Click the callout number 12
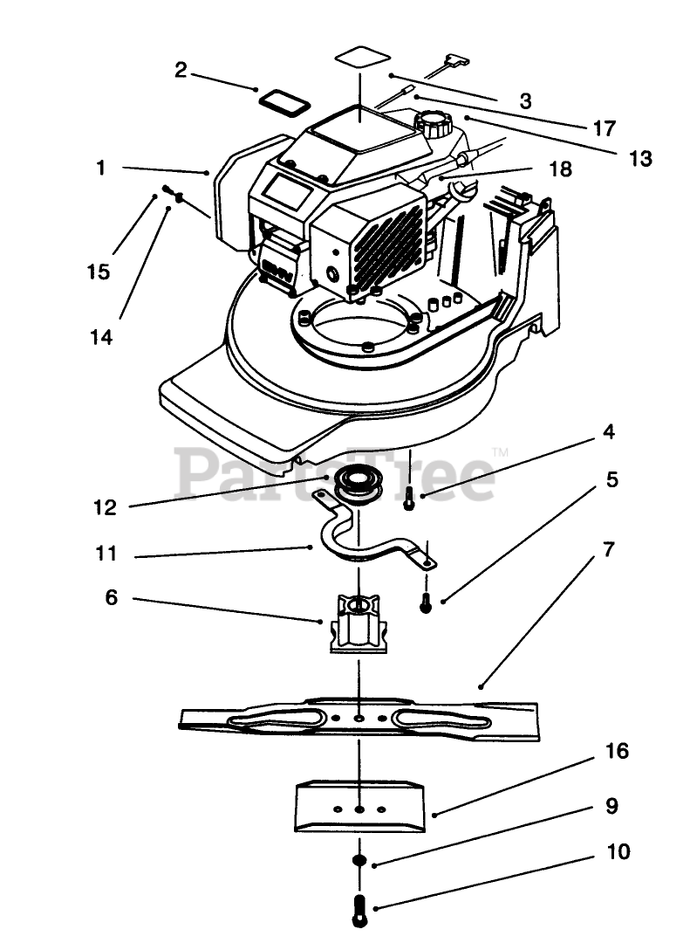(x=105, y=507)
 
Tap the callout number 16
(x=617, y=751)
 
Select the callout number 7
(x=609, y=549)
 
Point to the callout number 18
(x=561, y=169)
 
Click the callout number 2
(x=181, y=70)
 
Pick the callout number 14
(x=102, y=337)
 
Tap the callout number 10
(x=618, y=851)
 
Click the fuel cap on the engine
(x=433, y=124)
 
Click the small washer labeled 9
(x=359, y=861)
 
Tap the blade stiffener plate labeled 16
(x=359, y=806)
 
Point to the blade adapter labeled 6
(x=359, y=624)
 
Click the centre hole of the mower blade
(x=359, y=718)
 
